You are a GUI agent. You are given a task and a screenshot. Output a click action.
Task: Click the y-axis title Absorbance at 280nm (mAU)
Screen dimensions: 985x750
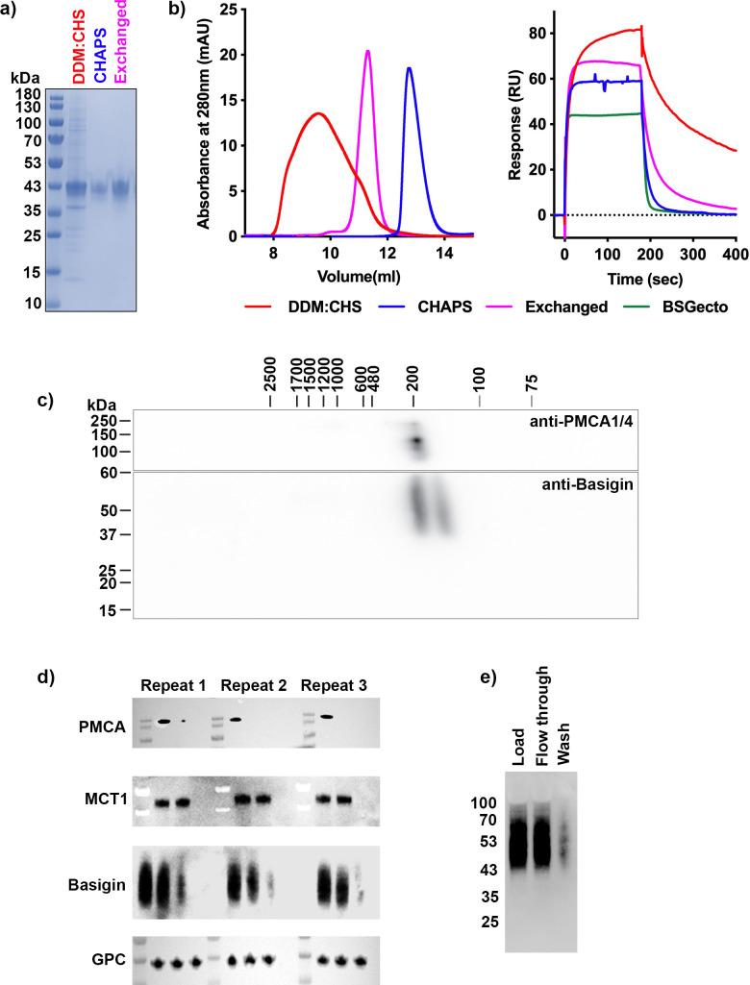[x=203, y=122]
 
